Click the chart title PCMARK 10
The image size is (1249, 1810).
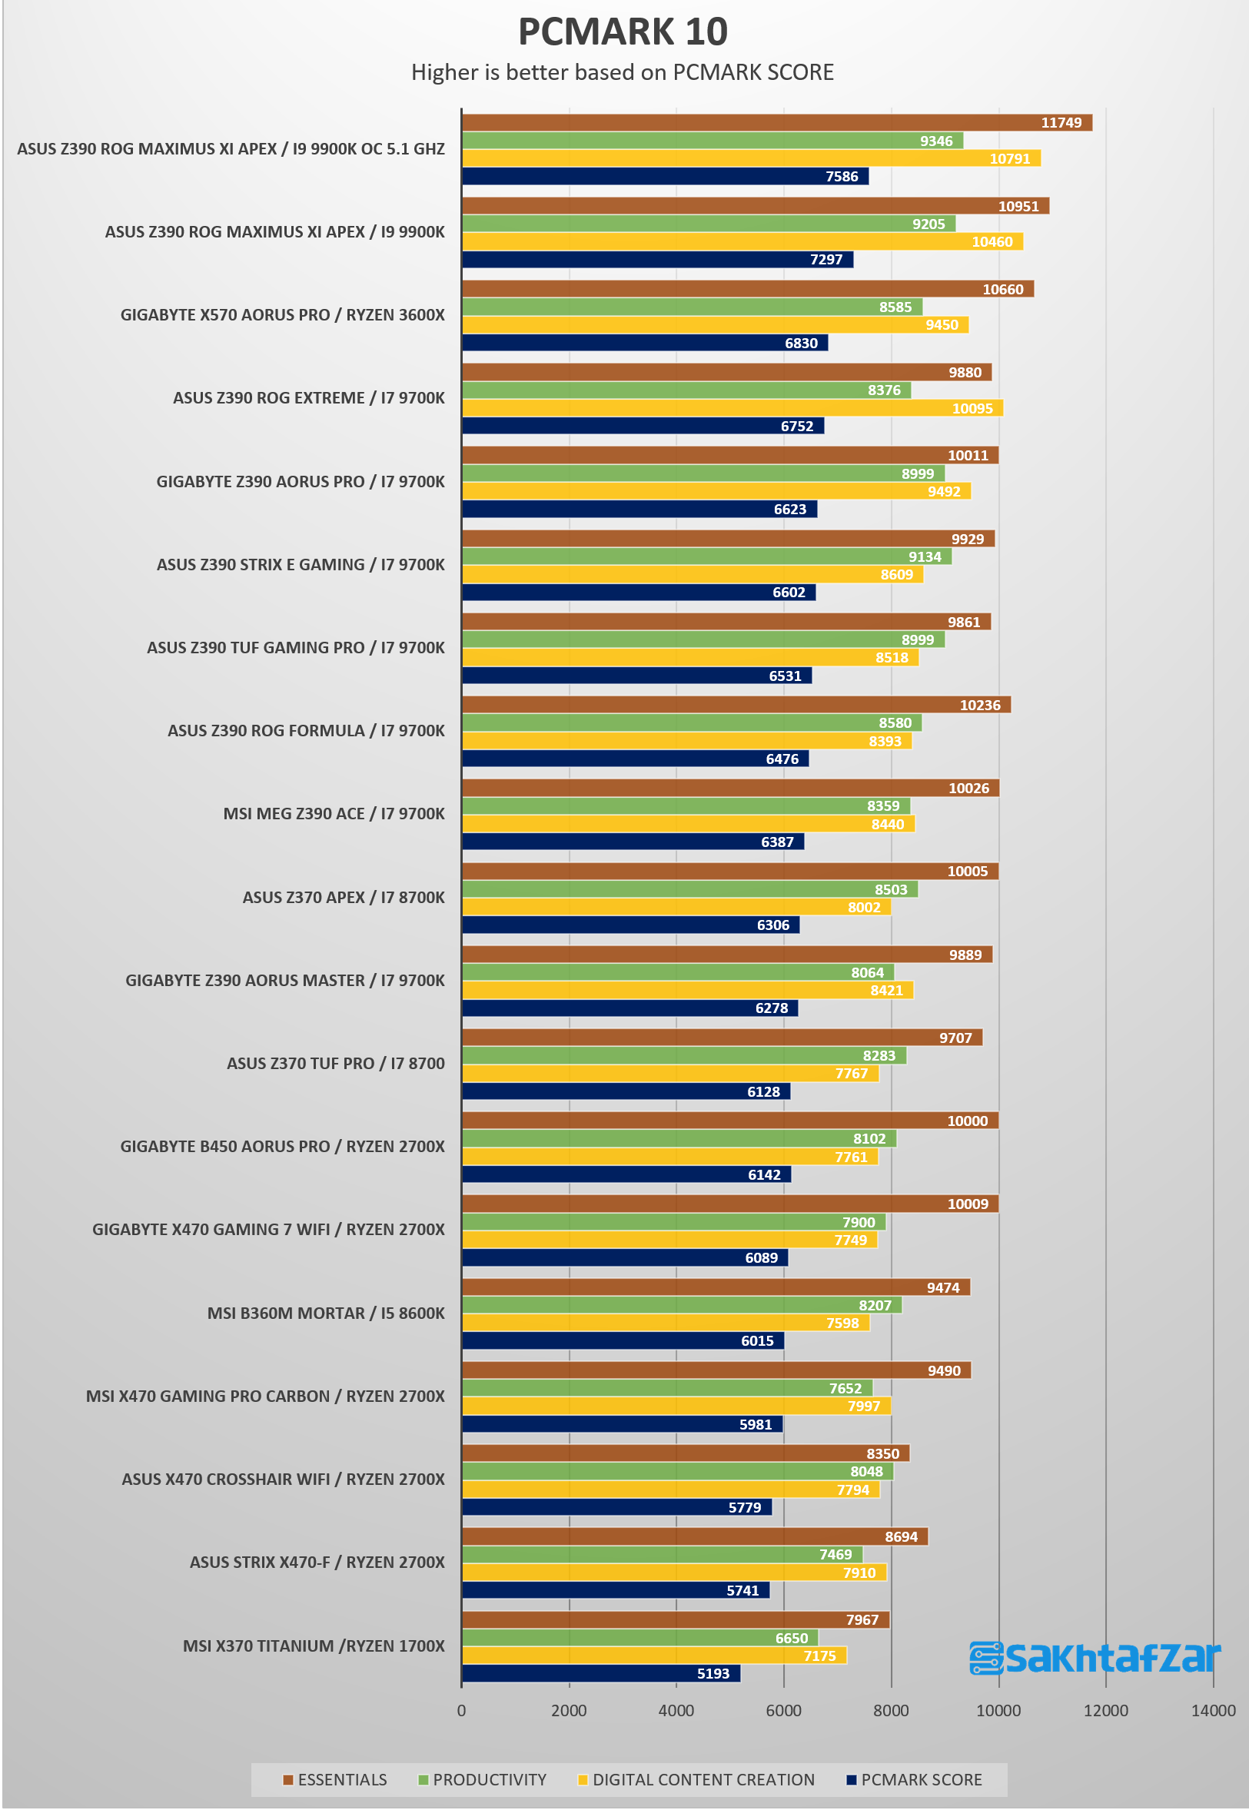coord(623,32)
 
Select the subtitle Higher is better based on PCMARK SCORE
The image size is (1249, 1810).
coord(622,72)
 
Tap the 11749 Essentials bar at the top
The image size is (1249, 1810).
coord(777,122)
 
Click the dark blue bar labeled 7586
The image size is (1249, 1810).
coord(665,176)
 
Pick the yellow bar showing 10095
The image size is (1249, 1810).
coord(732,407)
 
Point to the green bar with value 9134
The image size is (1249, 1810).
coord(706,556)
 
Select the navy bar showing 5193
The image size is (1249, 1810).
coord(601,1673)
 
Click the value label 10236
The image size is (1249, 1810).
coord(980,705)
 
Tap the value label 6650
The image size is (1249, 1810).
coord(791,1638)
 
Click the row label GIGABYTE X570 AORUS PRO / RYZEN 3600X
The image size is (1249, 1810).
coord(283,314)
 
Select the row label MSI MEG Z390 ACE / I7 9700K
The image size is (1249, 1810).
coord(334,814)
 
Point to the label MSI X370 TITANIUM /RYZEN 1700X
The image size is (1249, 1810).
coord(314,1646)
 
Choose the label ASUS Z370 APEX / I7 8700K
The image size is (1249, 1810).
coord(344,897)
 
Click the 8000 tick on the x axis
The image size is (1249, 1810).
coord(891,1711)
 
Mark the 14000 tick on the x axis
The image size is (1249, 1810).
coord(1213,1711)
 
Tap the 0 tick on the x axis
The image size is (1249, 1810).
coord(462,1711)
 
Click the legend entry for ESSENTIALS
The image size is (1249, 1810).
coord(335,1779)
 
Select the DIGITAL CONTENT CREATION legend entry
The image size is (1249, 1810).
coord(696,1779)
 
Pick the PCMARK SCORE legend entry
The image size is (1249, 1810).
coord(914,1779)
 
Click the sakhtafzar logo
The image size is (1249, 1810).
coord(1095,1657)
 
